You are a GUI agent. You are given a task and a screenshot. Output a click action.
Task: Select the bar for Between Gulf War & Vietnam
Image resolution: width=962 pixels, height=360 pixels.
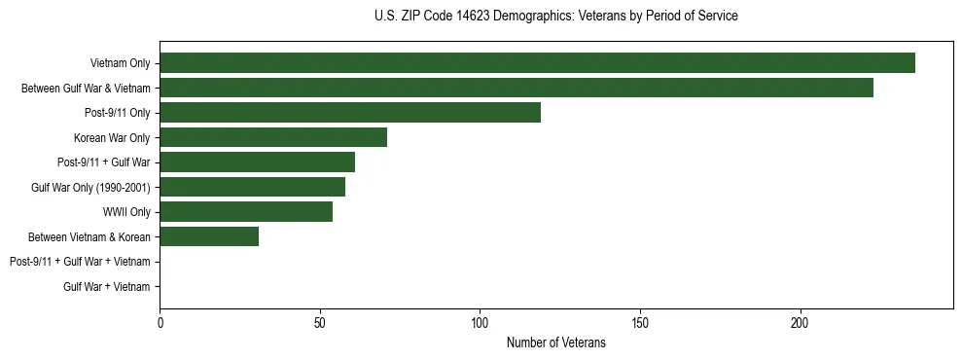tap(517, 88)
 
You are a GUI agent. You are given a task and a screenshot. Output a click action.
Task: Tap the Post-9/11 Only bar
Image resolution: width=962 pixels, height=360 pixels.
tap(350, 113)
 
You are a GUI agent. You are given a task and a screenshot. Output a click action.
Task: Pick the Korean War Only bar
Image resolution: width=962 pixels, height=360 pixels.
tap(273, 137)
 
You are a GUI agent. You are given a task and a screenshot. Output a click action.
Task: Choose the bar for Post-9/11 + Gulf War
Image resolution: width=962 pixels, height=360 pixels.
tap(257, 162)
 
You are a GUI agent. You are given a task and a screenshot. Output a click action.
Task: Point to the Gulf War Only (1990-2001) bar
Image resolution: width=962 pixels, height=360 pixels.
tap(252, 187)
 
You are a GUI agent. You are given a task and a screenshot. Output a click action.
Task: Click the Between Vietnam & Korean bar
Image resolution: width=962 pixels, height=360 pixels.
tap(209, 236)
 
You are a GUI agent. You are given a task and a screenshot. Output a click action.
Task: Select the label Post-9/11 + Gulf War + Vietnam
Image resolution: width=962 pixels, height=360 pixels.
tap(79, 262)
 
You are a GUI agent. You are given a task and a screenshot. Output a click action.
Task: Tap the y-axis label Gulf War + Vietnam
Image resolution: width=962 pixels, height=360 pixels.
tap(106, 286)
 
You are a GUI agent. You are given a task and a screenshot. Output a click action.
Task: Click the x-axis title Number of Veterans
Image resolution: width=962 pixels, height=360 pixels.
tap(555, 343)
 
